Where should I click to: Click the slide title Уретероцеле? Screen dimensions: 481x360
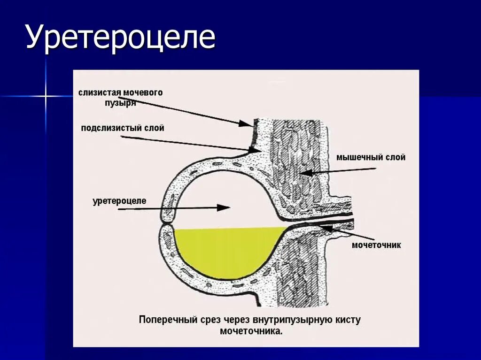tap(120, 38)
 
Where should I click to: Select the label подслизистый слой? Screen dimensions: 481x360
tap(123, 128)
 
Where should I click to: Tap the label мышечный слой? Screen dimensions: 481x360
tap(371, 158)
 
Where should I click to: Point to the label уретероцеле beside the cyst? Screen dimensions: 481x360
tap(120, 201)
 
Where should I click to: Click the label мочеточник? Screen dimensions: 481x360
tap(376, 245)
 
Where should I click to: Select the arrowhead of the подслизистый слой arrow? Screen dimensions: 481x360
tap(256, 150)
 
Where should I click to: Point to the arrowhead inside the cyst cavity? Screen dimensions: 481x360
tap(225, 207)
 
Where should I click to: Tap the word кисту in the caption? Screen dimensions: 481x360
tap(348, 321)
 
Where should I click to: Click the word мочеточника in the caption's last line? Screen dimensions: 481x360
tap(251, 331)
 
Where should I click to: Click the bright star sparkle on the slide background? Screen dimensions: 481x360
tap(46, 96)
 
